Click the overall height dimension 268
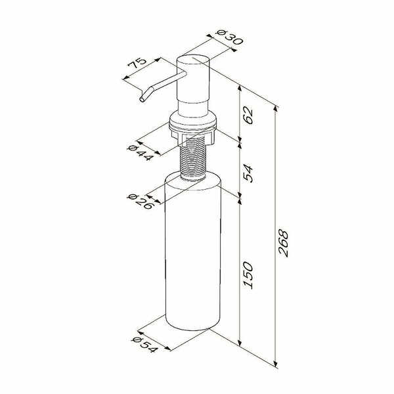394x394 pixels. tap(283, 243)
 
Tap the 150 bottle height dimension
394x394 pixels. tap(248, 275)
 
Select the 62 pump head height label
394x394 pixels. tap(248, 116)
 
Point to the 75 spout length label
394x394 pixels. tap(137, 64)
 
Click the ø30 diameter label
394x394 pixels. tap(230, 37)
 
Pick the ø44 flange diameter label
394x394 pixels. tap(140, 153)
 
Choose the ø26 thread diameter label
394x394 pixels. tap(140, 202)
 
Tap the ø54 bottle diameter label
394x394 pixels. tap(144, 345)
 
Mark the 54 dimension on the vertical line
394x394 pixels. tap(248, 173)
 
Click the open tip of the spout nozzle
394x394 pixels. tap(142, 100)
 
